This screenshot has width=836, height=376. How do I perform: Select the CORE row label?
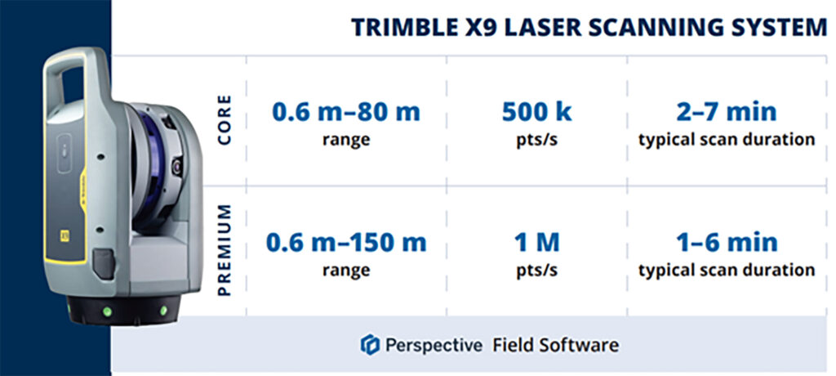[225, 119]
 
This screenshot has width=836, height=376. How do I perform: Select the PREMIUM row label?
[225, 250]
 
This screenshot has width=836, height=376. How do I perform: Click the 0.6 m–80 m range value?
[346, 112]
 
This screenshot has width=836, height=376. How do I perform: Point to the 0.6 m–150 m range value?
[346, 243]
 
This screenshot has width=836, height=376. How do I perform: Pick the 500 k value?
[537, 112]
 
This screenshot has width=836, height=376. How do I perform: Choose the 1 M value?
[537, 243]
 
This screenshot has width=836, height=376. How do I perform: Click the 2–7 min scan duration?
[727, 112]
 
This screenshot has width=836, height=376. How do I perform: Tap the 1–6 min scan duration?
[727, 243]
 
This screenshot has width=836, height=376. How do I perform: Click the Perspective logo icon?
[370, 344]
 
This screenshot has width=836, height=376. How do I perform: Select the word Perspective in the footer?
[434, 346]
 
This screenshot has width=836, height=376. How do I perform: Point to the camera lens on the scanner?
[176, 167]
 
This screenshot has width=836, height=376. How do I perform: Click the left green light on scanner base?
[108, 311]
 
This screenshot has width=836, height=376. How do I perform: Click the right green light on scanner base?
[163, 310]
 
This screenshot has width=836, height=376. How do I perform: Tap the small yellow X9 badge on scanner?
[65, 235]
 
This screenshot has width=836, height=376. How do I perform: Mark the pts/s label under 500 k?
[537, 141]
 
